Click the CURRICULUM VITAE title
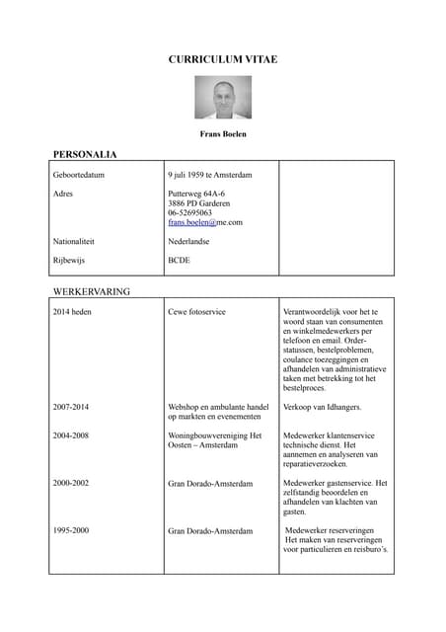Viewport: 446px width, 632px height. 223,60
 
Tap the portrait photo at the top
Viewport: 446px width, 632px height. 223,98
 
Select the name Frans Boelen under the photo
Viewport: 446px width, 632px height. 223,134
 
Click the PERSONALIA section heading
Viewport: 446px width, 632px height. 85,155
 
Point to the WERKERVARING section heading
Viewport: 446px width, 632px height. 91,292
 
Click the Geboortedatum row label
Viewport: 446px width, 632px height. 79,176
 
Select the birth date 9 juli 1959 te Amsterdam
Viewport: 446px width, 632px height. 210,176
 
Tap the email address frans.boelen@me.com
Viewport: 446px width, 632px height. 205,223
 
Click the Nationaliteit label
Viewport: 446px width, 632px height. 74,241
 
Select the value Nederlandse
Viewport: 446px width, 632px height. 192,241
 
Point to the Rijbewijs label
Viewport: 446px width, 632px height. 69,261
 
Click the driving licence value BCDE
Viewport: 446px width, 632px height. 180,261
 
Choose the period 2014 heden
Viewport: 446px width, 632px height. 72,312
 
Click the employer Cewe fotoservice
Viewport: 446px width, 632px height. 197,312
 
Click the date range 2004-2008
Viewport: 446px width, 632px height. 71,435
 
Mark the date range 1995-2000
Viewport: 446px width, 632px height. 71,531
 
